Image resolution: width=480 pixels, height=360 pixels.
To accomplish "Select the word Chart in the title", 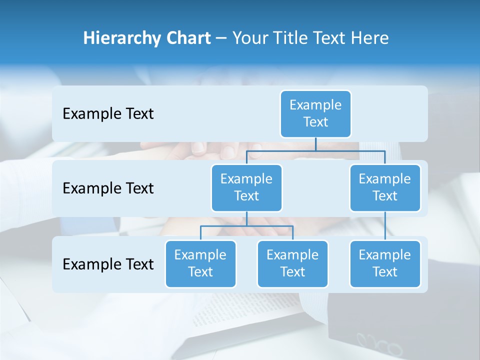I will [x=188, y=38].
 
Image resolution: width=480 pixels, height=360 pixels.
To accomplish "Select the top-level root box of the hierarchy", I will [x=315, y=113].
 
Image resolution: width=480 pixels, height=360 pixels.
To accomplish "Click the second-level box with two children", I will [x=246, y=187].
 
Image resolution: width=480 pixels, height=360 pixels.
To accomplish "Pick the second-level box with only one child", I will [x=385, y=187].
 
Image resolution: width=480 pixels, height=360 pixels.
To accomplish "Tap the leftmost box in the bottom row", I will [x=200, y=263].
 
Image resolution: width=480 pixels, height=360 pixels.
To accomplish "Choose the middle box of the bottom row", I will [x=292, y=263].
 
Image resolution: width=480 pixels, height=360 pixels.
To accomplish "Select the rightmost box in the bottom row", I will [x=385, y=263].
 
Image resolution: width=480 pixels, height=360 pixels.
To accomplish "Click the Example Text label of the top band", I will [x=108, y=113].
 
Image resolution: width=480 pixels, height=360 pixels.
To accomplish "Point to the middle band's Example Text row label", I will [x=108, y=188].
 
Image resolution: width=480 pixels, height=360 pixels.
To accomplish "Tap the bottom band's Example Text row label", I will [x=108, y=264].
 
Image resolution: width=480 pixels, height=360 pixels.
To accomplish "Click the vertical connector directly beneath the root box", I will [x=315, y=144].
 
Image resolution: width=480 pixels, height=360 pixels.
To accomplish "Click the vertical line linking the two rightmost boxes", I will [x=385, y=226].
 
